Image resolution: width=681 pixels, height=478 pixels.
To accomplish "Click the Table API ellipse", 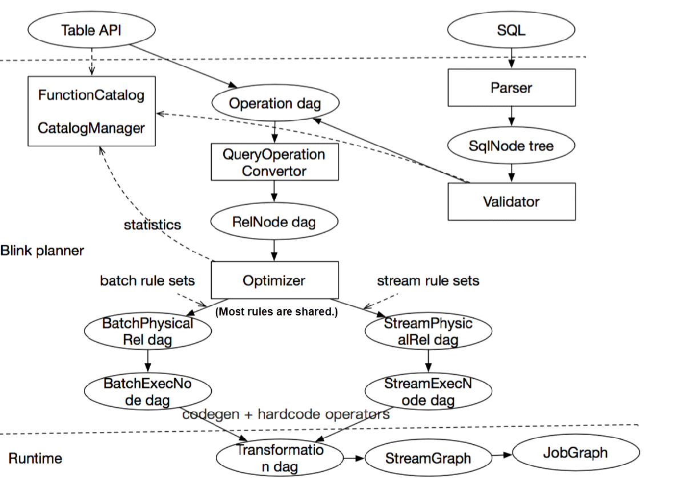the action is pos(92,30).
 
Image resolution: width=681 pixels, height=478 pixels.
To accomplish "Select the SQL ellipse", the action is pos(511,30).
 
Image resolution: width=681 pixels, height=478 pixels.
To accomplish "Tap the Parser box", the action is pos(511,88).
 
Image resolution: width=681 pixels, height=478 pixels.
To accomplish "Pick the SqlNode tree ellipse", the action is pos(511,145).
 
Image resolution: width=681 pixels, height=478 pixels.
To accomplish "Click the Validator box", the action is pos(511,201).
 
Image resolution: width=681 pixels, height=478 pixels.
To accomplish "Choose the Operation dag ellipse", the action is pos(275,103).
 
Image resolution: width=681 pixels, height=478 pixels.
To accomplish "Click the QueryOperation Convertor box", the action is pos(275,163).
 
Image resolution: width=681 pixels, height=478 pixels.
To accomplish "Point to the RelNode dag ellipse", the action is pos(275,221).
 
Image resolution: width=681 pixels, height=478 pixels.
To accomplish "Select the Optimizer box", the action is pos(275,280).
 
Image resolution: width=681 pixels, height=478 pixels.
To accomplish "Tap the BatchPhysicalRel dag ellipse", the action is pos(148,331).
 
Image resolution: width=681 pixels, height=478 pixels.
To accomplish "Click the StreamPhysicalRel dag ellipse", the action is pos(428,331).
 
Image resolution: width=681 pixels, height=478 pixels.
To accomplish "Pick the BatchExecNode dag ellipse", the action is pos(148,391).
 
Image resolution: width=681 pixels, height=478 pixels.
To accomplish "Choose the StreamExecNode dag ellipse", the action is pos(428,391).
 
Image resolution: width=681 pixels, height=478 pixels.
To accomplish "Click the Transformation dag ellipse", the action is pos(280,459).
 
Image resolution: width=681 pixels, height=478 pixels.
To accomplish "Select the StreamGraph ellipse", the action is pos(428,458).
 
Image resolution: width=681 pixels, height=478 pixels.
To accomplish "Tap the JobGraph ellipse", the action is pos(576,452).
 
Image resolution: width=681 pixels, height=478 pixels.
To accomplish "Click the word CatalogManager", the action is pos(91,128).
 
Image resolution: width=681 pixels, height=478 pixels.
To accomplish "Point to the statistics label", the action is pos(152,225).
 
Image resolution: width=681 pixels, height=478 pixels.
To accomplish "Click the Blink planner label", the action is pos(42,250).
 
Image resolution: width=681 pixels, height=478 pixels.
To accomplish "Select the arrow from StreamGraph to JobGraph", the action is pos(502,455).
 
